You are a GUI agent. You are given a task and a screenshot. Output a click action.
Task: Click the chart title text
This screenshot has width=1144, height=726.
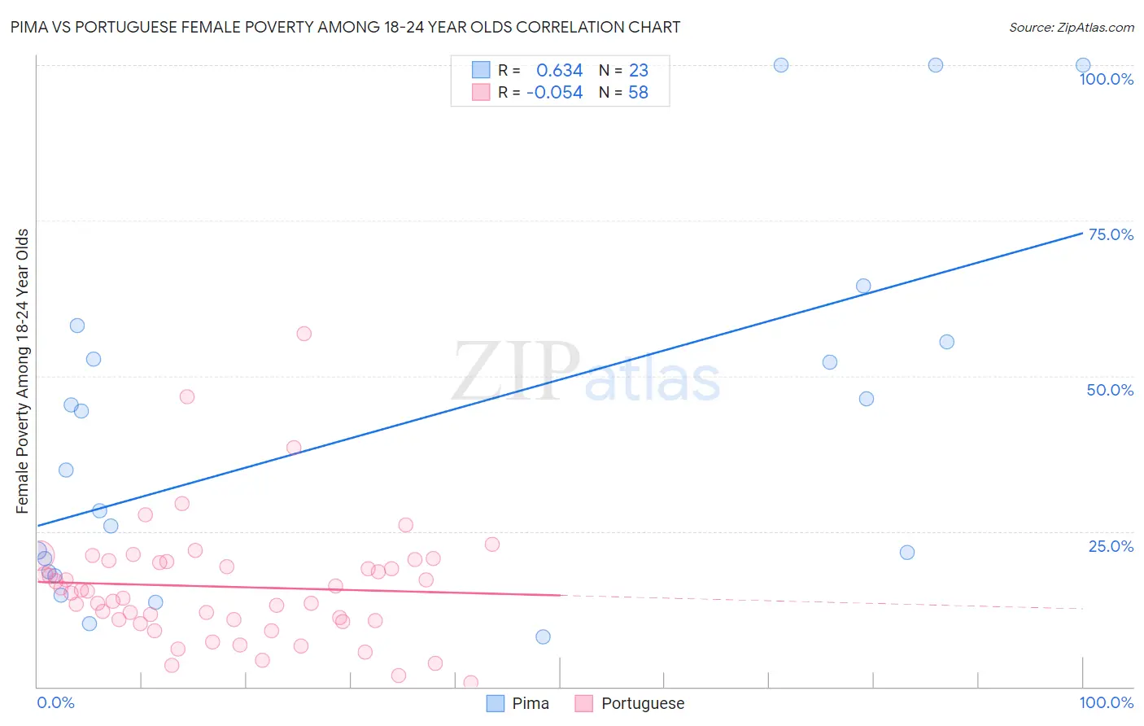tap(345, 27)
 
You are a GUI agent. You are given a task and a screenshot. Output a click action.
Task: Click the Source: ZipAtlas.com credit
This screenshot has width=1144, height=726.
tap(1071, 27)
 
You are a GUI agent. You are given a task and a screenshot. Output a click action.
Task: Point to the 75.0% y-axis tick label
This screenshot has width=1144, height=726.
tap(1111, 234)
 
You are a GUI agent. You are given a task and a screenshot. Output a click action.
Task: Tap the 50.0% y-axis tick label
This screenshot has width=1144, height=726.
tap(1110, 390)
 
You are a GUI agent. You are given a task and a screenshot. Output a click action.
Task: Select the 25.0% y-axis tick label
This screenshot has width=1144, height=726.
tap(1111, 546)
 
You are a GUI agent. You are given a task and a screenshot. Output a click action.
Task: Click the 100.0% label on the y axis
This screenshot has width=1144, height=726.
tap(1106, 79)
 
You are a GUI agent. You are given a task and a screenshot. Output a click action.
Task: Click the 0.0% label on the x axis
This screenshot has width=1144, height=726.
tap(55, 702)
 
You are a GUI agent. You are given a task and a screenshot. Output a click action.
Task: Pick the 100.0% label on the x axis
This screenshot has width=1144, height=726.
tap(1106, 702)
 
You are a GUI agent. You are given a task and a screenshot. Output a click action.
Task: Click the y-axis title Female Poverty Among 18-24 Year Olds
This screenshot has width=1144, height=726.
tap(23, 371)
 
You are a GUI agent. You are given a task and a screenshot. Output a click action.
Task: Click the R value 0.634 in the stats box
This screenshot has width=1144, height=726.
tap(559, 71)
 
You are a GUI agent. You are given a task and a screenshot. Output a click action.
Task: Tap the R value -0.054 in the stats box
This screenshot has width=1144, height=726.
tap(554, 93)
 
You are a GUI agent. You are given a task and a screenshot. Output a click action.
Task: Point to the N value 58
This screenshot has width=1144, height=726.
tap(638, 93)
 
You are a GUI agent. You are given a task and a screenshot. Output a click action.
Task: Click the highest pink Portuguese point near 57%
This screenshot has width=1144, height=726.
tap(304, 334)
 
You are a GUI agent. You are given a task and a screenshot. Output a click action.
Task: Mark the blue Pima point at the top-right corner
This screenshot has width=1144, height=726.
tap(1083, 65)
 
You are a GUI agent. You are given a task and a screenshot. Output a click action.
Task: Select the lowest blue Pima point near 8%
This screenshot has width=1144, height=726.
tap(544, 636)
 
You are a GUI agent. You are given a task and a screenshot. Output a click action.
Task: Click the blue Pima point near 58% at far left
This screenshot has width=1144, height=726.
tap(77, 326)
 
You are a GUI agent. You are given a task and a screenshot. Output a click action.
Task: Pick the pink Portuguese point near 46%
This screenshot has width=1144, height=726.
tap(187, 397)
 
